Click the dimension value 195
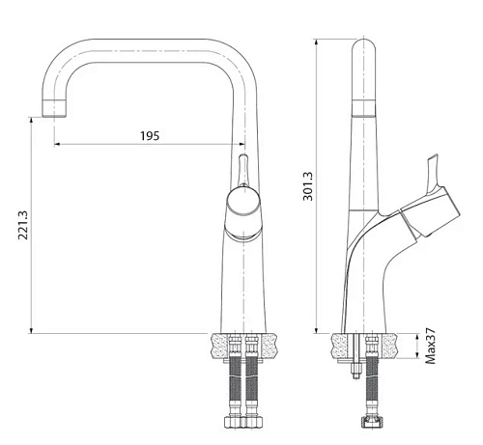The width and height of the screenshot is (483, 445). [150, 135]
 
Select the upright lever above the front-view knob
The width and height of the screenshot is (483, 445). [243, 170]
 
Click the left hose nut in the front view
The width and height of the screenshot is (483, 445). [233, 423]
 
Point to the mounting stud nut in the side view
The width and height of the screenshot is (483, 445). [355, 369]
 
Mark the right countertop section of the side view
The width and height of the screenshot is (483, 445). [389, 344]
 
